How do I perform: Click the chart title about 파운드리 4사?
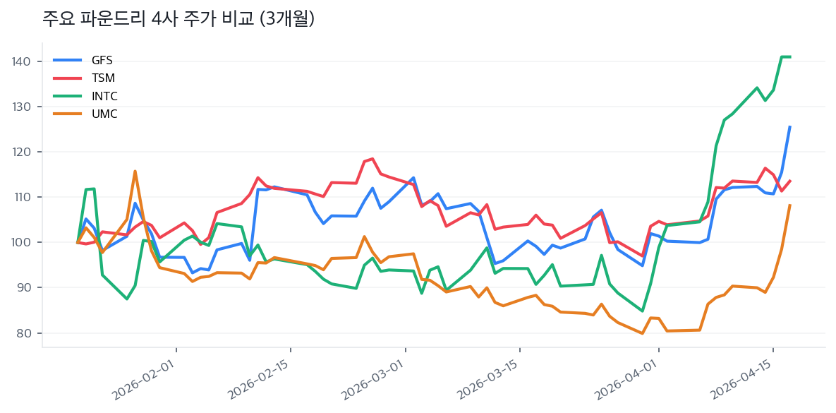178,19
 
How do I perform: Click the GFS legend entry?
102,60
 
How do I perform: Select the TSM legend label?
103,78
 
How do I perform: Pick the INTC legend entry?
104,96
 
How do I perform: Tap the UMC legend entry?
104,114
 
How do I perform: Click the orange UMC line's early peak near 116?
135,171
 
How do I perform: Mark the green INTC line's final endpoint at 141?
789,56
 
